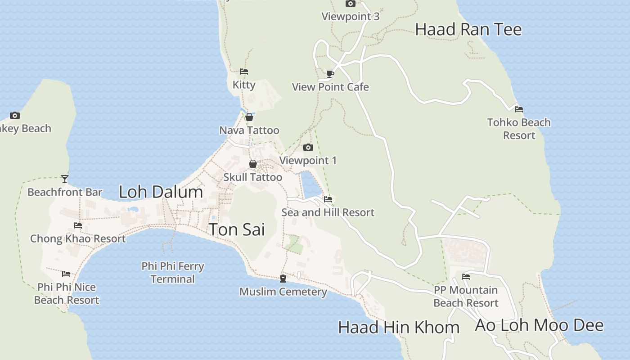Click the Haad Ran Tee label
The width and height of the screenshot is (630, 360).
point(468,30)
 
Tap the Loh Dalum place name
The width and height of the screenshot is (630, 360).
point(161,192)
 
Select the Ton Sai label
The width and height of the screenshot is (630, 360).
point(237,229)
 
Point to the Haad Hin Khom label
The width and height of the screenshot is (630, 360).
point(399,327)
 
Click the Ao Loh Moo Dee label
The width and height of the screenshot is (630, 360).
point(539,325)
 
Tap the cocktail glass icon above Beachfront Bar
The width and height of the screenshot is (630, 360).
point(65,179)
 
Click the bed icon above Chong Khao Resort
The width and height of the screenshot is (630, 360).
point(78,225)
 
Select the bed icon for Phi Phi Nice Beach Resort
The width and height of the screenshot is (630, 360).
point(66,274)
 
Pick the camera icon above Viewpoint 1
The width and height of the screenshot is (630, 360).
point(308,148)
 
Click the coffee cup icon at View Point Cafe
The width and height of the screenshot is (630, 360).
point(330,74)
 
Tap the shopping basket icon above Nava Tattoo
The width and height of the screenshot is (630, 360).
point(249,117)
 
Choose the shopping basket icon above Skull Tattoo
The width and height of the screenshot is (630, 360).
point(253,164)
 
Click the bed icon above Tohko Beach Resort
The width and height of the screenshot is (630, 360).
point(519,109)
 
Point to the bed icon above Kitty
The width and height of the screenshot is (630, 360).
point(244,72)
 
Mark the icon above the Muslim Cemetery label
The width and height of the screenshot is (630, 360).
point(283,279)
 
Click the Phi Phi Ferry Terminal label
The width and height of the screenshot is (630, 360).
point(173,273)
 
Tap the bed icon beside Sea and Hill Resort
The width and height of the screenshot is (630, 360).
point(328,199)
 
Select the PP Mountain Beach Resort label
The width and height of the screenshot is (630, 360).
point(466,297)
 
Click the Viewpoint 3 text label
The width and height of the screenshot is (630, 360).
point(351,17)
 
